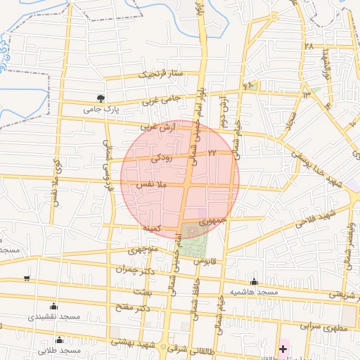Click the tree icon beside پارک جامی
[x=101, y=98]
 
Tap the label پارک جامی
[x=98, y=109]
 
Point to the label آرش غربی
[x=157, y=127]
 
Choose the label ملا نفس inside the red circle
[x=151, y=184]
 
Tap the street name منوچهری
[x=145, y=249]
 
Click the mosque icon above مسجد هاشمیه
[x=254, y=281]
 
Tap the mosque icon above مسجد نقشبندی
[x=54, y=306]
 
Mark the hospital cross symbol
[x=283, y=349]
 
